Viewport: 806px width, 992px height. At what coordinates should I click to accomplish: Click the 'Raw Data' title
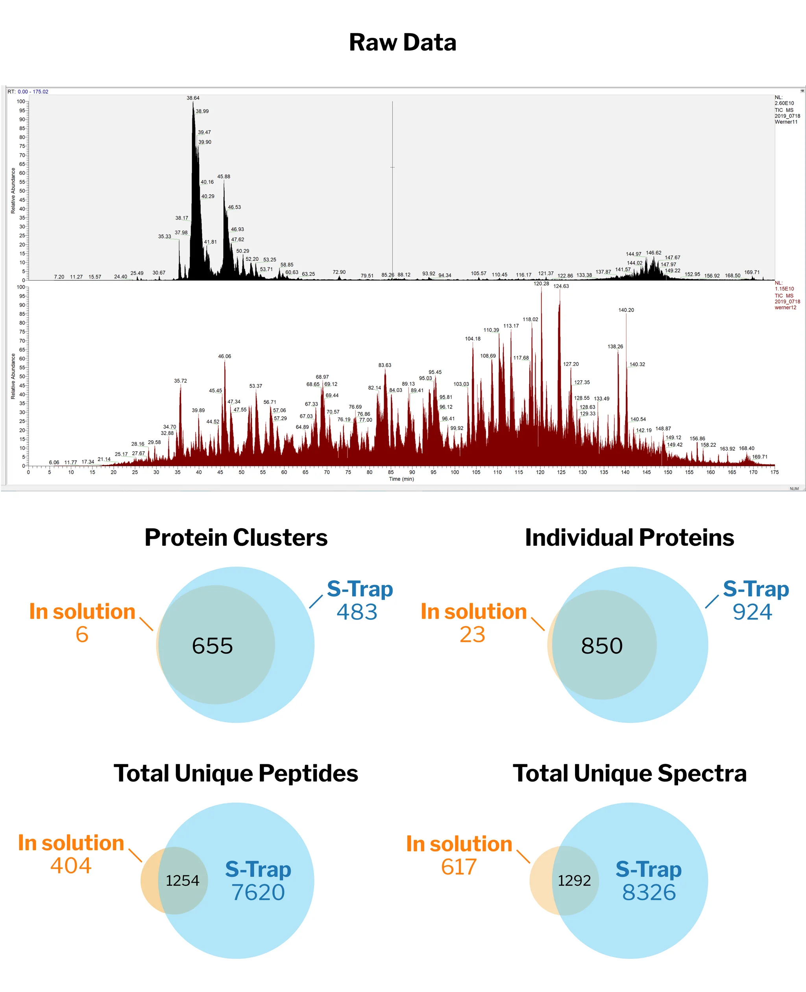(x=403, y=43)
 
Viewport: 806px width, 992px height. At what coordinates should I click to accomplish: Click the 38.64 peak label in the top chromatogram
(x=193, y=98)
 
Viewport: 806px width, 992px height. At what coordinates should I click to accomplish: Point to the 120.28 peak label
(x=542, y=284)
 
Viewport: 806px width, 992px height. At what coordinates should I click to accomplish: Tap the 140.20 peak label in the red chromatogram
(x=626, y=310)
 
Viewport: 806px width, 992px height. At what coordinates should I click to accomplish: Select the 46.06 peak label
(x=225, y=356)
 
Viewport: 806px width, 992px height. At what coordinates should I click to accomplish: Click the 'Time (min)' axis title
(x=401, y=479)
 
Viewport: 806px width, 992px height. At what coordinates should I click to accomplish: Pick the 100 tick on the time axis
(x=455, y=472)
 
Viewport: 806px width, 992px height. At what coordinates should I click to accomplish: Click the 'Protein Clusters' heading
(x=236, y=538)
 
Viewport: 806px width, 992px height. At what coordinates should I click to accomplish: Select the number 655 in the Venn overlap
(x=212, y=646)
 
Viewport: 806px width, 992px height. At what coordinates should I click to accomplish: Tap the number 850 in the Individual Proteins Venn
(x=602, y=646)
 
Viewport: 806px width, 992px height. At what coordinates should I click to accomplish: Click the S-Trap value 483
(x=357, y=612)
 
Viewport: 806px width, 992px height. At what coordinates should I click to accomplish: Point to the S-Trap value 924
(x=752, y=612)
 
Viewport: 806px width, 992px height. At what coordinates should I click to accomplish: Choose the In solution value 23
(x=473, y=635)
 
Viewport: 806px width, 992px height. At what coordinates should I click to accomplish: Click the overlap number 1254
(x=183, y=881)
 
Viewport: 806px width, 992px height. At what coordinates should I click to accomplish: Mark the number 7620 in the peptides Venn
(x=258, y=893)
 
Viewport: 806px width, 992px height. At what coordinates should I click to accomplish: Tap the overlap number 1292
(x=574, y=881)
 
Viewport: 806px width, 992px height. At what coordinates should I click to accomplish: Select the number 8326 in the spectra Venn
(x=649, y=893)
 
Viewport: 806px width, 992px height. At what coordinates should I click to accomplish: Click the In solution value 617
(x=459, y=867)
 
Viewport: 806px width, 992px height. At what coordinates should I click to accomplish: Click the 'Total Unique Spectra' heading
(x=630, y=773)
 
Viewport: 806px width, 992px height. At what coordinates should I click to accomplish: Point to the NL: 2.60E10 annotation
(x=784, y=101)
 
